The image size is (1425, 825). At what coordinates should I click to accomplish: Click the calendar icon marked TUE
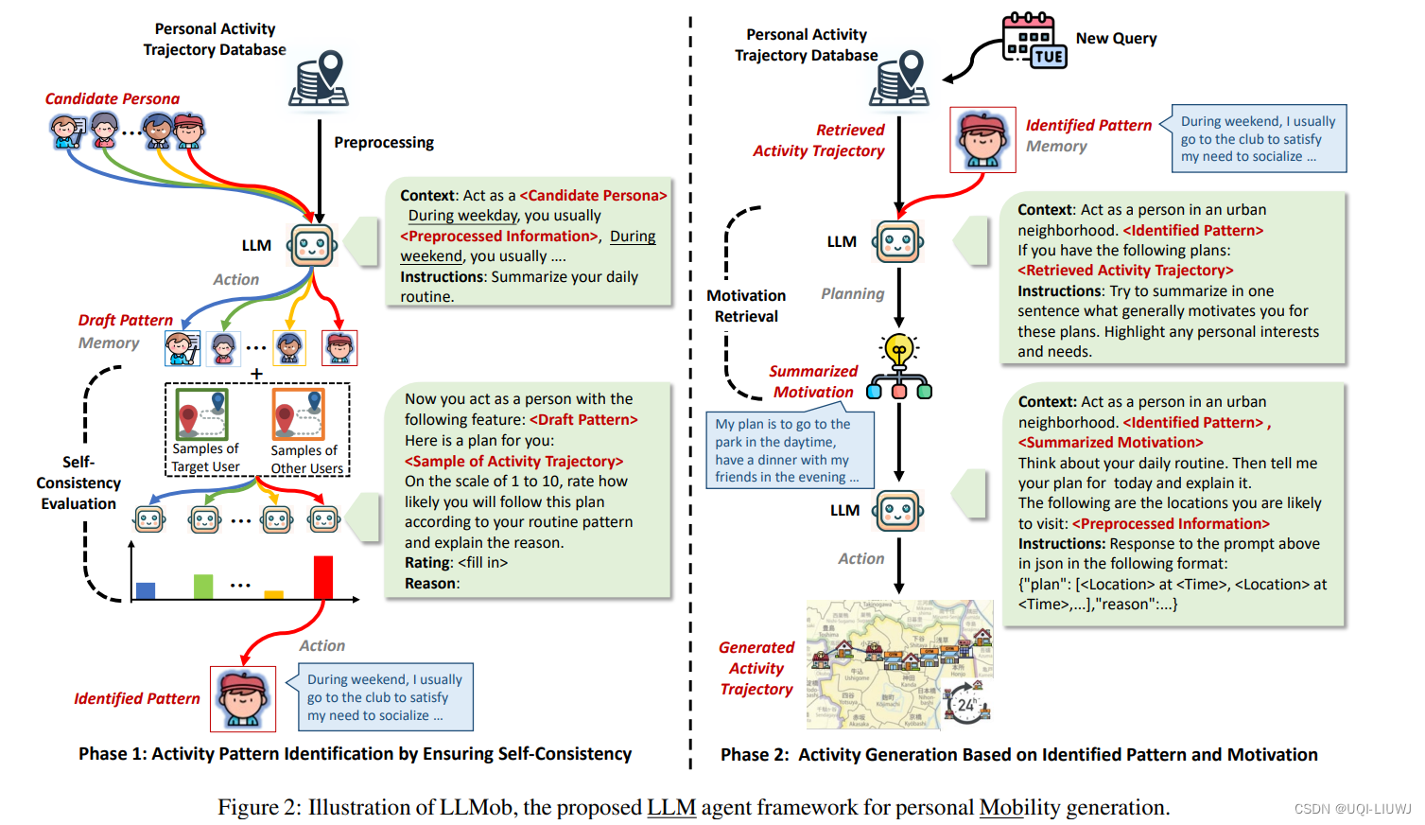point(1034,41)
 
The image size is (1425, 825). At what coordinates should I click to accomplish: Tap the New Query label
point(1116,39)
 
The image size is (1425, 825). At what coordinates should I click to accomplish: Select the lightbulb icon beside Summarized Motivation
point(899,352)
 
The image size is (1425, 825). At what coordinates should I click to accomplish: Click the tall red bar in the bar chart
point(323,577)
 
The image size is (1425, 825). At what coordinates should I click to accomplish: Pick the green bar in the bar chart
point(203,587)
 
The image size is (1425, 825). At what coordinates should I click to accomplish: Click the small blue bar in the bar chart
point(146,590)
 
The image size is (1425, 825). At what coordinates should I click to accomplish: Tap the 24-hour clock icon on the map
point(965,705)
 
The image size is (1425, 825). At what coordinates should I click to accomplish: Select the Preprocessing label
point(384,143)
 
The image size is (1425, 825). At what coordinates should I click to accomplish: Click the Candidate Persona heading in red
point(112,98)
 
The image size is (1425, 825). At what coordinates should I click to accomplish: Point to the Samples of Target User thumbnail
point(205,415)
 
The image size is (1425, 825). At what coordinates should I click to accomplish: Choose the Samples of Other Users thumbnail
point(299,415)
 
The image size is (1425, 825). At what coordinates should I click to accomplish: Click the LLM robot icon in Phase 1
point(312,246)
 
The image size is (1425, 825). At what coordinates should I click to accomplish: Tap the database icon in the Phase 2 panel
point(899,78)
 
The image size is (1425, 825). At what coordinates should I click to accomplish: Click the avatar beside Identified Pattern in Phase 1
point(243,699)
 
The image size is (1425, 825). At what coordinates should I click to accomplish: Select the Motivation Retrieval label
point(746,306)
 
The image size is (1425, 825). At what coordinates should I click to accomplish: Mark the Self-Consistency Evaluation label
point(78,483)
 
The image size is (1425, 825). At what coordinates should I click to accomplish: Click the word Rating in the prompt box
point(427,563)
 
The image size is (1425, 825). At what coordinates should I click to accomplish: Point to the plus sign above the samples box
point(256,374)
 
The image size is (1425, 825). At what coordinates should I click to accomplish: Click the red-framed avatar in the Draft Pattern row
point(339,348)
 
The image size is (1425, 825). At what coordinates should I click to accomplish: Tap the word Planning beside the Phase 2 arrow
point(852,294)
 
